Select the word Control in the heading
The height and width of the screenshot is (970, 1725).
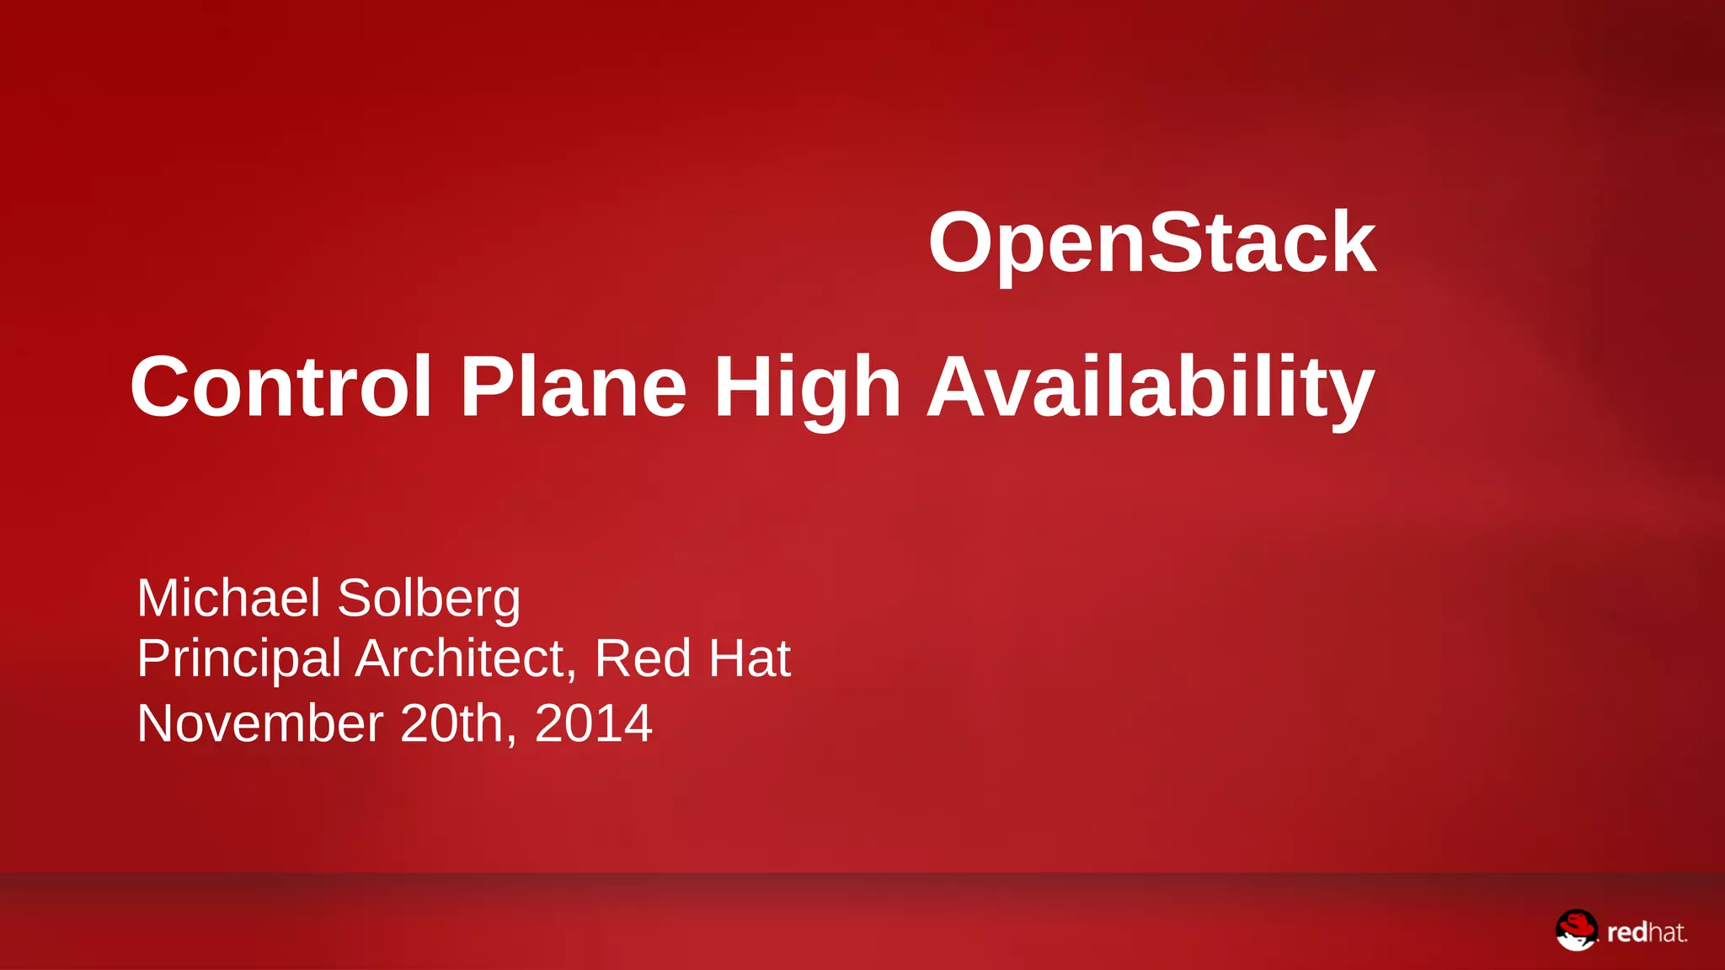[x=280, y=386]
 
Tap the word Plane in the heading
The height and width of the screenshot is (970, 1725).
[x=574, y=386]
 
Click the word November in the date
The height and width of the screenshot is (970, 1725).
[x=260, y=723]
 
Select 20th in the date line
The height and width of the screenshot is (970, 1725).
[x=451, y=723]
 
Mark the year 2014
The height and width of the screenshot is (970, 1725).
[x=593, y=723]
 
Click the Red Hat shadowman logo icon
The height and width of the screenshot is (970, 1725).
[x=1576, y=930]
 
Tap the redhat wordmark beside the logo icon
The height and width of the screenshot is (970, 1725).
[x=1647, y=932]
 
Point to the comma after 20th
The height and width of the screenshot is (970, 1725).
[x=511, y=740]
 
